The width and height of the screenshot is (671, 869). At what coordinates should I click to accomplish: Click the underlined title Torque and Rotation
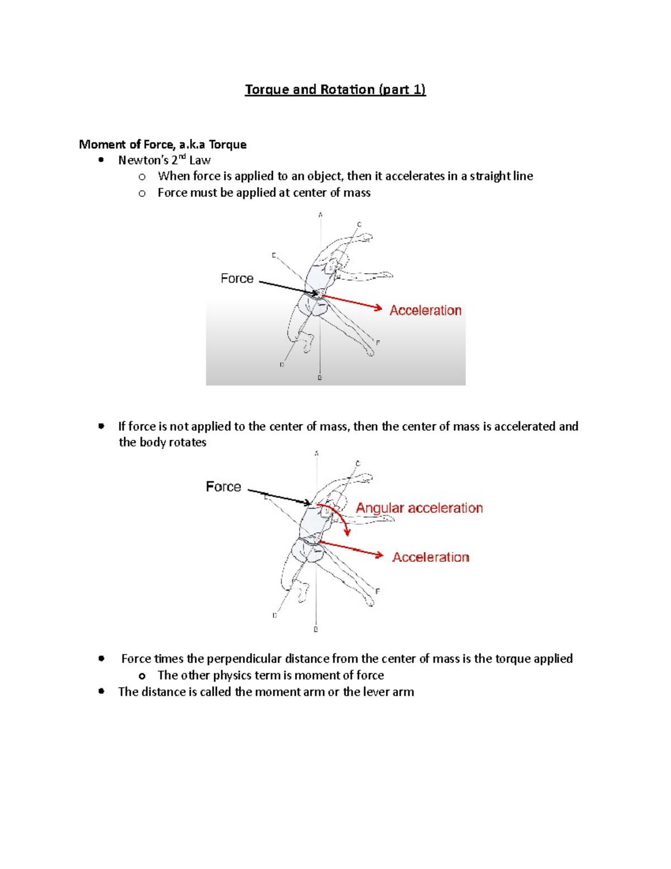[x=335, y=90]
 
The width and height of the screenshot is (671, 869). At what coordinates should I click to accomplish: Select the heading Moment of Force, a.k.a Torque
[x=162, y=144]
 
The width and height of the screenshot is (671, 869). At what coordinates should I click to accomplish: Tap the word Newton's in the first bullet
[x=143, y=161]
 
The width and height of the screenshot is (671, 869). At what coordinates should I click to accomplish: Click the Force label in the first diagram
[x=237, y=279]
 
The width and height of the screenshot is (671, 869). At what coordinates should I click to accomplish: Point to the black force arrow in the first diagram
[x=288, y=288]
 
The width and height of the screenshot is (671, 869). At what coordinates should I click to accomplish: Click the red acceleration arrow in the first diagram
[x=352, y=302]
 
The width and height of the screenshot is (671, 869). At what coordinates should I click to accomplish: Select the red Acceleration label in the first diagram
[x=425, y=311]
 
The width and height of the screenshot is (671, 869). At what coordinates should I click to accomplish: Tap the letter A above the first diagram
[x=320, y=215]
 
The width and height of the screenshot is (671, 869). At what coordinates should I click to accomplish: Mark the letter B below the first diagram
[x=320, y=378]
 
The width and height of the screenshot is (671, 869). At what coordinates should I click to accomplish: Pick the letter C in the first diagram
[x=359, y=224]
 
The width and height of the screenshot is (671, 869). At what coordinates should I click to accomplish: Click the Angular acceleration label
[x=419, y=508]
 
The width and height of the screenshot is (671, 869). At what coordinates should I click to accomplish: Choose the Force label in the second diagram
[x=223, y=487]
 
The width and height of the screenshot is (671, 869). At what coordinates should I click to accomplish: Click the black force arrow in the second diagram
[x=280, y=497]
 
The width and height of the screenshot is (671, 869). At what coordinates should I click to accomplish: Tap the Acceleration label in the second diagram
[x=430, y=557]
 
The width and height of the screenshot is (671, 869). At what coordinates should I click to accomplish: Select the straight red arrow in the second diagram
[x=352, y=549]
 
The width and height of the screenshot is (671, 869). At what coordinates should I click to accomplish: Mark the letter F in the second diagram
[x=378, y=591]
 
